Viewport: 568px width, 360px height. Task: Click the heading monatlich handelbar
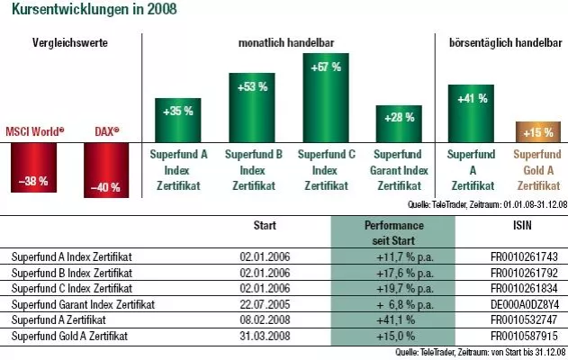286,41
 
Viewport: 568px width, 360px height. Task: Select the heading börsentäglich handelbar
504,41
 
